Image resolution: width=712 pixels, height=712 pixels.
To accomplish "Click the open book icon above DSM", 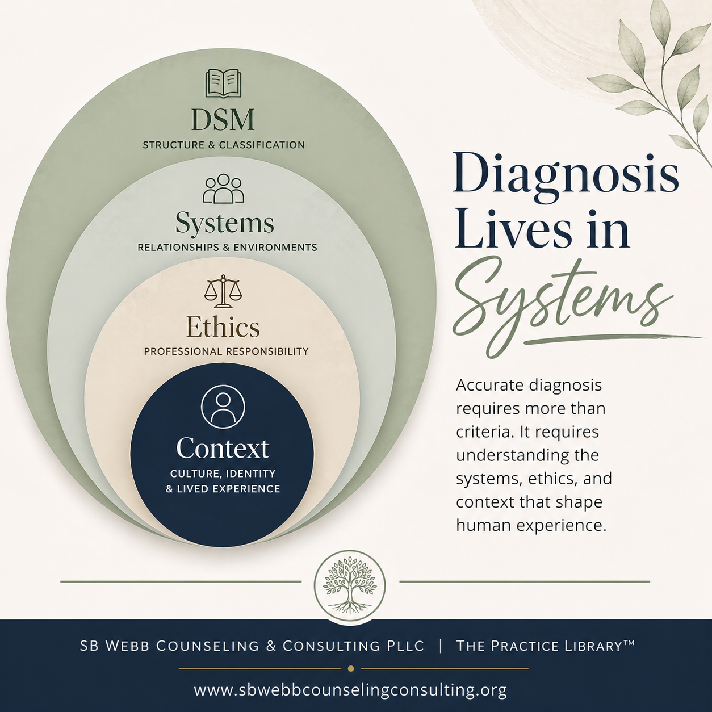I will pos(223,83).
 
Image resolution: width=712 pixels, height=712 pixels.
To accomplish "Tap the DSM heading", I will pos(223,120).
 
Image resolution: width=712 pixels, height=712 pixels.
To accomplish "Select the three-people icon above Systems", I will pos(223,189).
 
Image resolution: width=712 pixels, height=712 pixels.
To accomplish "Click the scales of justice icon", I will pos(223,291).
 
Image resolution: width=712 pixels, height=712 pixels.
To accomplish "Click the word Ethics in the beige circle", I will pos(223,327).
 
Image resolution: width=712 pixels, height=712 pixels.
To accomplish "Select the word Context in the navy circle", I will pos(223,448).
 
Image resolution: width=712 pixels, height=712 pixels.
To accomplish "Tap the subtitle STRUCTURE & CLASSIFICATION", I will pos(224,145).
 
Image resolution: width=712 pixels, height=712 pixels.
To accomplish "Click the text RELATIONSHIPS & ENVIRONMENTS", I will pos(227,248).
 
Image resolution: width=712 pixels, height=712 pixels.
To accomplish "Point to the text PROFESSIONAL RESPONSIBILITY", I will pos(226,351).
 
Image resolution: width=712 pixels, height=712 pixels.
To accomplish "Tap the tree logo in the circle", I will pos(350,585).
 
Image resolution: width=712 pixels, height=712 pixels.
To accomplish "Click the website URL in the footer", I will pos(350,690).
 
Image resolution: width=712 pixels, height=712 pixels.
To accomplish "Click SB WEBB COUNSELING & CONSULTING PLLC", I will pos(252,646).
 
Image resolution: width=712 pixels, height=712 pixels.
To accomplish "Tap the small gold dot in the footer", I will pos(351,668).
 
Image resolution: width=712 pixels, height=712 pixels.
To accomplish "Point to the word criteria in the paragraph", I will pos(480,432).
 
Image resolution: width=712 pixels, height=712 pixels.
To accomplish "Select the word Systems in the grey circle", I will pos(224,223).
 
